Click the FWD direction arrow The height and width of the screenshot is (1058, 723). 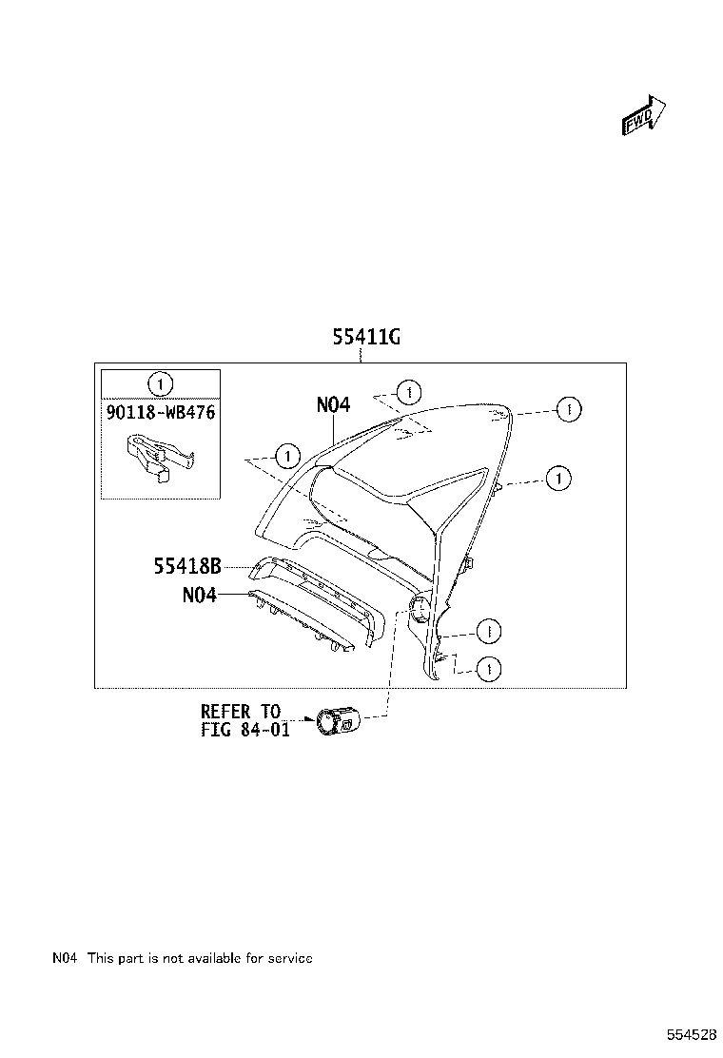pos(643,117)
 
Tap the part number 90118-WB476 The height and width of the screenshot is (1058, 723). pos(161,415)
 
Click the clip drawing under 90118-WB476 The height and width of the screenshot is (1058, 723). pos(158,457)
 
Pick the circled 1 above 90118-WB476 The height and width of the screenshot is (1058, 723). pos(161,383)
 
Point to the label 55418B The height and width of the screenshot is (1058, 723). pos(187,567)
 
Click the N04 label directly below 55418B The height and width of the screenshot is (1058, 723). pos(199,596)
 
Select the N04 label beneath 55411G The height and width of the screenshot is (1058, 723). pos(333,404)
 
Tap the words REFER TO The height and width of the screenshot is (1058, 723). pos(240,711)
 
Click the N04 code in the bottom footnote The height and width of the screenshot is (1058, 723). pos(65,958)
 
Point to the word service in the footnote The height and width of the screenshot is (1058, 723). pos(288,958)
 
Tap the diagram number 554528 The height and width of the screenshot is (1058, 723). pos(691,1033)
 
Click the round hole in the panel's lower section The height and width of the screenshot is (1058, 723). pos(418,611)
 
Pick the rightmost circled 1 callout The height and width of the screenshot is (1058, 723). pos(567,409)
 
